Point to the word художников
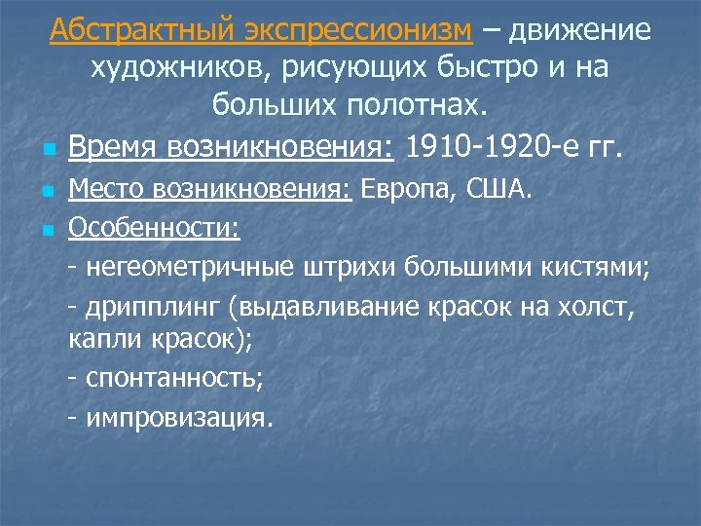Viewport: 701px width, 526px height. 163,68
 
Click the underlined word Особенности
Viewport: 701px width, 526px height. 156,230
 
